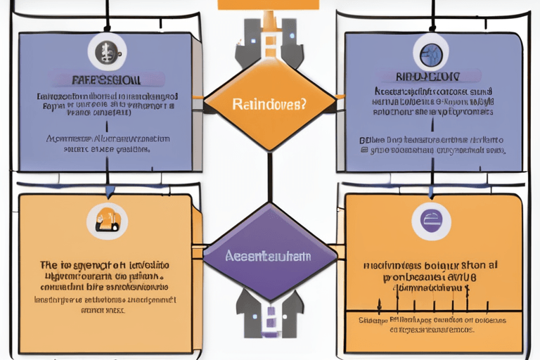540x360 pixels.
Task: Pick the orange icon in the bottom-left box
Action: [108, 220]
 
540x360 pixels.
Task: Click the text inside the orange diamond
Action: [269, 105]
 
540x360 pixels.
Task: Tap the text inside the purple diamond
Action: [269, 257]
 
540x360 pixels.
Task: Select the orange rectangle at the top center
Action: [269, 4]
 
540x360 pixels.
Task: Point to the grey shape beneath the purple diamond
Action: [269, 314]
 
